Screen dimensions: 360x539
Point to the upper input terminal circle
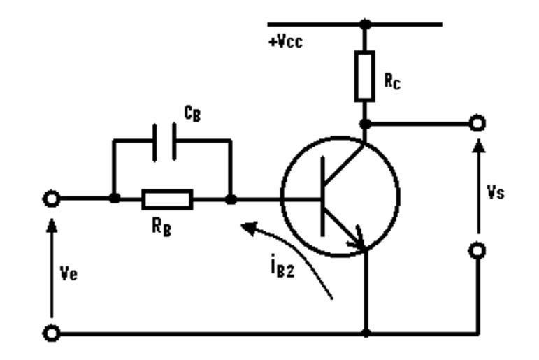51,199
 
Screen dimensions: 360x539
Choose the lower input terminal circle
51,333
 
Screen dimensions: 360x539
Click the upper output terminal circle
478,124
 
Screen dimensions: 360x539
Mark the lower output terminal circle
478,250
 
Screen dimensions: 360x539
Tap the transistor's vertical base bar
323,199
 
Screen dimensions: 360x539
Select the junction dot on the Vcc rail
364,24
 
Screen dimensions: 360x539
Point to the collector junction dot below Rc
364,124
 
